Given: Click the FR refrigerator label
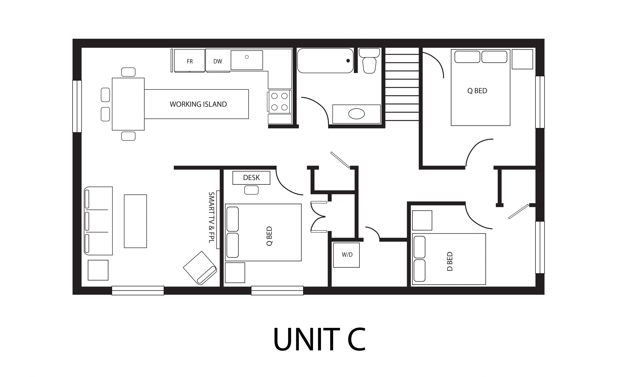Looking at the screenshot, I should point(189,61).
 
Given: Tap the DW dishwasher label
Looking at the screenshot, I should point(218,61).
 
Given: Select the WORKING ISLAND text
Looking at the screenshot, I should point(198,104).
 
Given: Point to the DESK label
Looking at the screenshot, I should point(251,178).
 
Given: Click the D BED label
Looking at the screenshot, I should point(450,261).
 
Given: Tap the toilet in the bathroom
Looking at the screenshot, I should point(369,64).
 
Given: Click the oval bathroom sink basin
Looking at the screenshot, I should point(356,114).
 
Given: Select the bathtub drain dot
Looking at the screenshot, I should point(348,61).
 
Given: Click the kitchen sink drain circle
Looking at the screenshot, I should point(247,57).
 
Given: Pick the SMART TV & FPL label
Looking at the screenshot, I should point(211,217).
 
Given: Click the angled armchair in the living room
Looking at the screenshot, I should point(200,268).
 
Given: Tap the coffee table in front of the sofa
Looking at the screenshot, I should point(135,221).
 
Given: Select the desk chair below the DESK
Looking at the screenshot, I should point(251,190).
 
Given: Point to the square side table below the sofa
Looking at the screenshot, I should point(98,270).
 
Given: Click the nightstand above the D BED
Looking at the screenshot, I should point(422,220).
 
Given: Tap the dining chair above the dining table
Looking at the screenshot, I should point(128,72).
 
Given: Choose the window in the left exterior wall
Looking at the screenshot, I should point(77,106).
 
